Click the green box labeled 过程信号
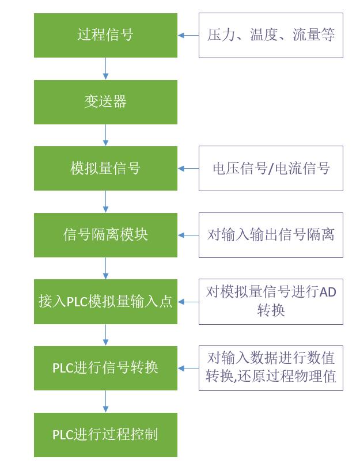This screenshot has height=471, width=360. (105, 35)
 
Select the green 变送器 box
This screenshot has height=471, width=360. (105, 102)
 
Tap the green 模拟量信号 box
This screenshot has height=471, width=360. (105, 168)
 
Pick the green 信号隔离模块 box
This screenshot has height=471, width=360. (105, 235)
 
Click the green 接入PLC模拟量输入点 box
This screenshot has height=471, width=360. (105, 302)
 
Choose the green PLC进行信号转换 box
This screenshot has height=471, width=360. (105, 368)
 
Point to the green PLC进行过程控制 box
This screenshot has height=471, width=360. (105, 435)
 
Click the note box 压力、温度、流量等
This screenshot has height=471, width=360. (271, 35)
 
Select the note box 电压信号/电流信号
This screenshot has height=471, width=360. (271, 168)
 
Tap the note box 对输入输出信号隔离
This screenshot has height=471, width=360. (271, 235)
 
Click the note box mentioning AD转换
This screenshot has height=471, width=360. (271, 302)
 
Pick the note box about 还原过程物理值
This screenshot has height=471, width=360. (271, 368)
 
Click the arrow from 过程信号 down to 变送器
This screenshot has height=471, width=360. (105, 69)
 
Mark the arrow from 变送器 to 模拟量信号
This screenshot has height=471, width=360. (105, 135)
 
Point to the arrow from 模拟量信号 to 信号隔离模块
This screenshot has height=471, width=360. (105, 202)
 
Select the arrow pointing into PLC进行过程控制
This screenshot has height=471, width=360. (105, 401)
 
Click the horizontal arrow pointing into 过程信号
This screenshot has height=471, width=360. (188, 35)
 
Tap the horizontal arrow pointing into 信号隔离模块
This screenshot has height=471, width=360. (188, 235)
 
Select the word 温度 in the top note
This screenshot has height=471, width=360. (264, 35)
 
